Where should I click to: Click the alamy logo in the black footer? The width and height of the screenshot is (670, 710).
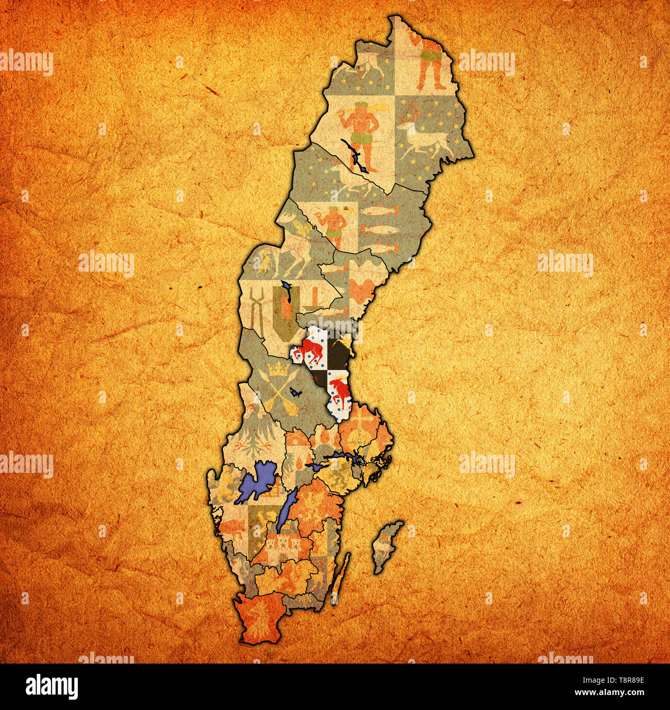[52, 686]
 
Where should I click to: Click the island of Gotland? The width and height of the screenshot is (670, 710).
[387, 547]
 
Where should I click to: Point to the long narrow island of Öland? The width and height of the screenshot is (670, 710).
[341, 577]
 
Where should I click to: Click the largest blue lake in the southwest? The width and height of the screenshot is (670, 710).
[257, 482]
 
